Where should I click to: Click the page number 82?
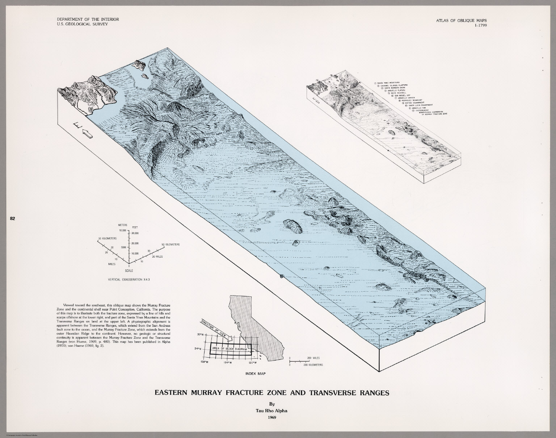point(12,218)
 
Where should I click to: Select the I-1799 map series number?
point(477,25)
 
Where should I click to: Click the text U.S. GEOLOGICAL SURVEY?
point(80,24)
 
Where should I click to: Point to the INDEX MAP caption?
point(253,373)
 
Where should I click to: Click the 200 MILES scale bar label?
point(312,358)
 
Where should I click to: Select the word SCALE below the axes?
point(129,271)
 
